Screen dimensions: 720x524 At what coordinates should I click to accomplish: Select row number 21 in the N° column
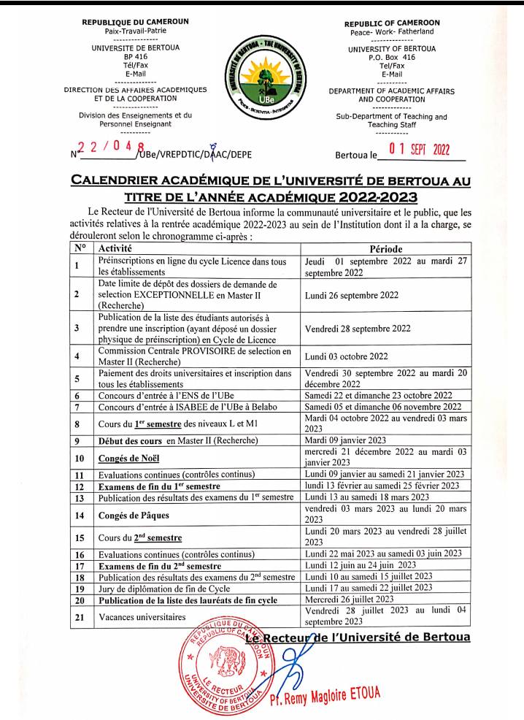click(77, 617)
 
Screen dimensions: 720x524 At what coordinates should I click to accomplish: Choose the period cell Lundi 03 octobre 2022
click(347, 357)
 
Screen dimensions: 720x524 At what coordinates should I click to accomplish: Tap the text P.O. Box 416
click(392, 57)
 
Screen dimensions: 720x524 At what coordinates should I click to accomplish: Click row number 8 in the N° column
click(77, 424)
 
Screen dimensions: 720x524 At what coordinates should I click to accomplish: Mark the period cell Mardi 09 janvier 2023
click(346, 441)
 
